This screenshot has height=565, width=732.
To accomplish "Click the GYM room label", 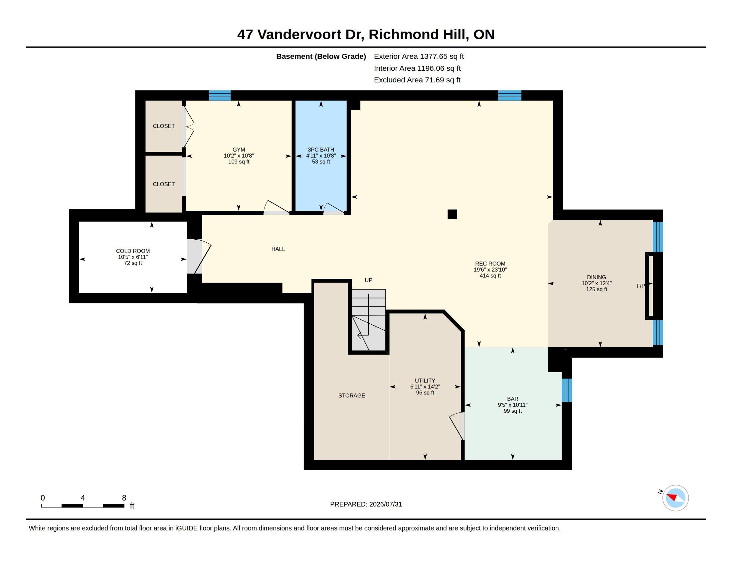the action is (239, 150).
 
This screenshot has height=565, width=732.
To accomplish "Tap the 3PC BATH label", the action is (321, 150).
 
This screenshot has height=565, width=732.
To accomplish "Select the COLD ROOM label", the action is (133, 251).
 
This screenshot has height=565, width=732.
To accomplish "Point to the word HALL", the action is (278, 249).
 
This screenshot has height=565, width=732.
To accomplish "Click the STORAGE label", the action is (352, 395).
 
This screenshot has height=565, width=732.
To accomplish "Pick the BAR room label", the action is (512, 399).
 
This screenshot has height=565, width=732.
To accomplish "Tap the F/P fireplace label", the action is (640, 286).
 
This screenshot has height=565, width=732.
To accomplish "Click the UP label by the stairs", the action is (368, 280).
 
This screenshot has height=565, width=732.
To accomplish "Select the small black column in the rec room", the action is (452, 214).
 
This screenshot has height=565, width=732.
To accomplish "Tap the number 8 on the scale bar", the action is (124, 498).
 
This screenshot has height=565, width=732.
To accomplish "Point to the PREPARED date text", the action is (366, 504).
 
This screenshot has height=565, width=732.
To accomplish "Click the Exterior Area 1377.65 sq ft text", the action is (419, 56).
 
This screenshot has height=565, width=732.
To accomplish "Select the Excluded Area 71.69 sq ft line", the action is (417, 80).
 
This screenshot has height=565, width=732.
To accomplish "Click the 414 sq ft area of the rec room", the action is (490, 276).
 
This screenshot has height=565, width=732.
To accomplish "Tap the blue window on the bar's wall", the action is (567, 390).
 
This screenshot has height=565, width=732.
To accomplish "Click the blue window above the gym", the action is (220, 95).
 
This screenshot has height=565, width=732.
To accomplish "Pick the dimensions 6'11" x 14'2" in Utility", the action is (425, 387).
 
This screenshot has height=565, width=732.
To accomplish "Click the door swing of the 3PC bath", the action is (333, 208).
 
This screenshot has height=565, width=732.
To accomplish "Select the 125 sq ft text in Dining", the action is (597, 289).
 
